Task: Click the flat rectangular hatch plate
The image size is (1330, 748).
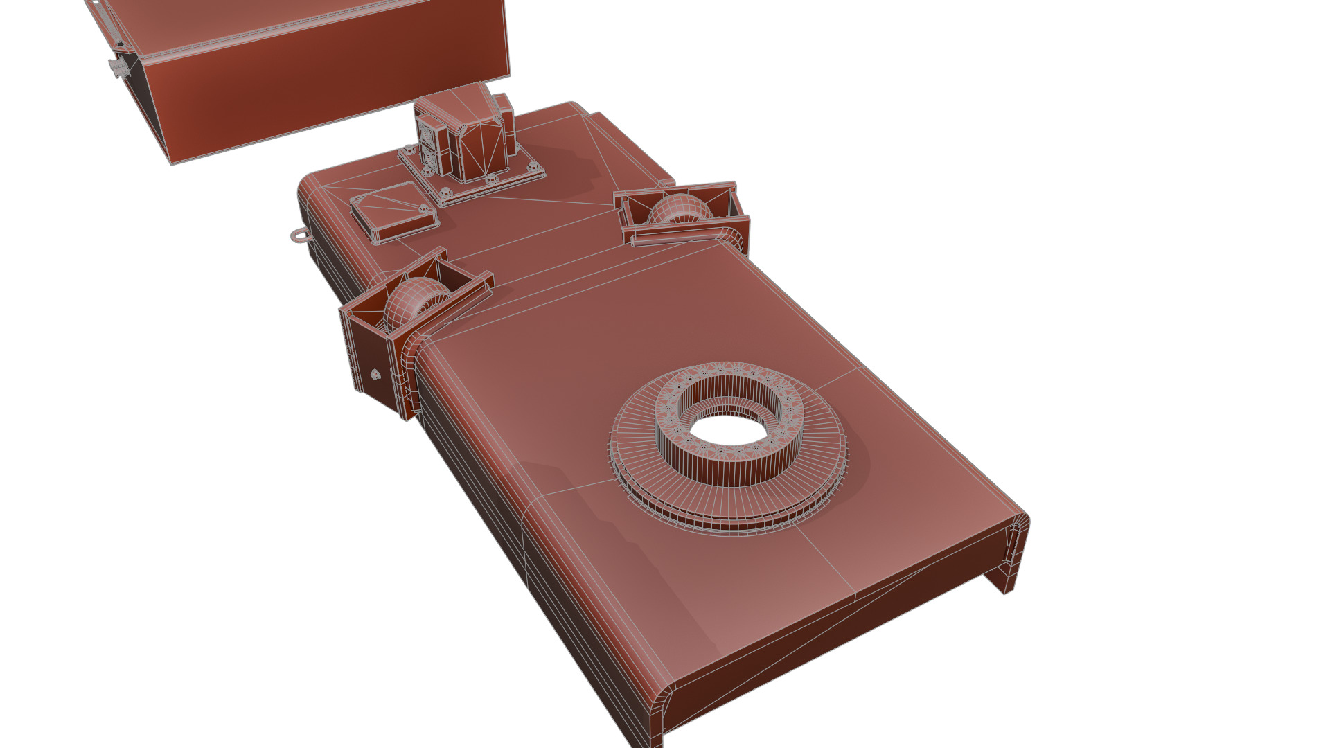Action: [393, 211]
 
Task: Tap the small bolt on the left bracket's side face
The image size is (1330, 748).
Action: [375, 375]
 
